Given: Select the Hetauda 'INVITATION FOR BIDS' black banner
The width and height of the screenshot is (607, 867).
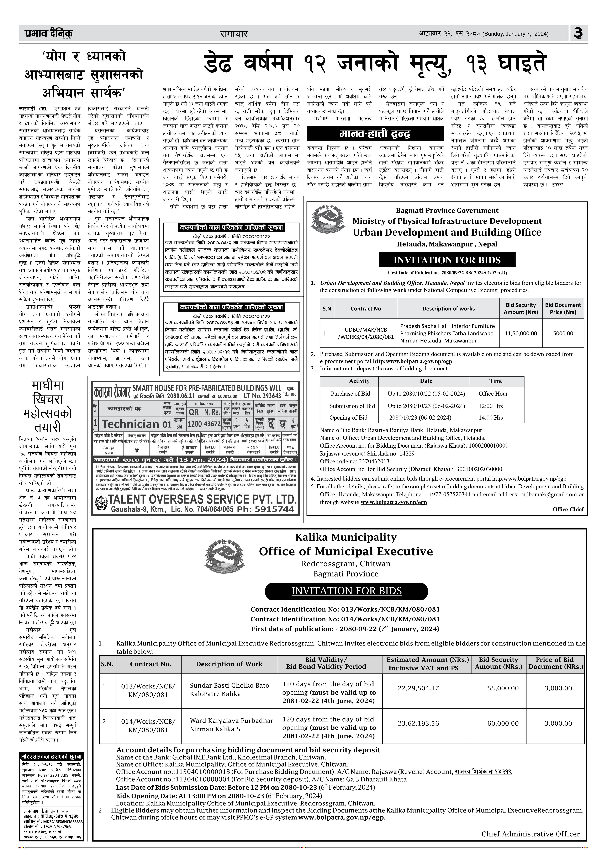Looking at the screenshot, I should [447, 260].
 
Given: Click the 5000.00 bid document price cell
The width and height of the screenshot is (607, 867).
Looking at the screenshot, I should [563, 333].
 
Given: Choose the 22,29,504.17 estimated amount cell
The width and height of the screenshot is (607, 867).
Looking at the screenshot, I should [418, 688].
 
